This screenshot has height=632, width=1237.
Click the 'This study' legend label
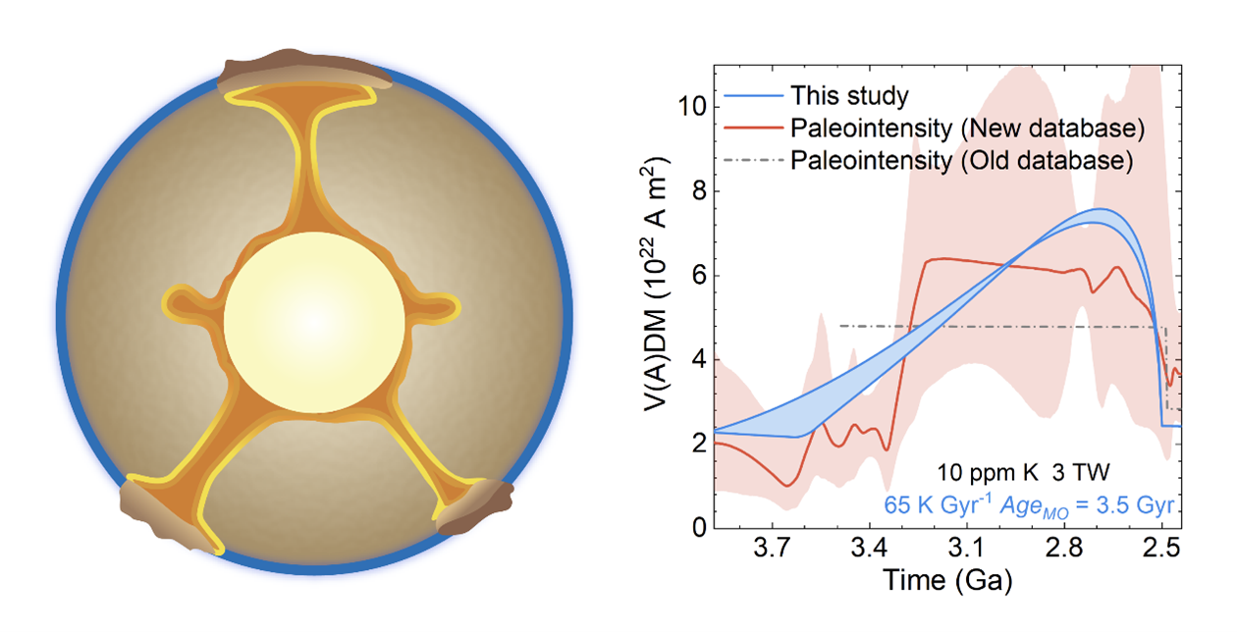pyautogui.click(x=850, y=95)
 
